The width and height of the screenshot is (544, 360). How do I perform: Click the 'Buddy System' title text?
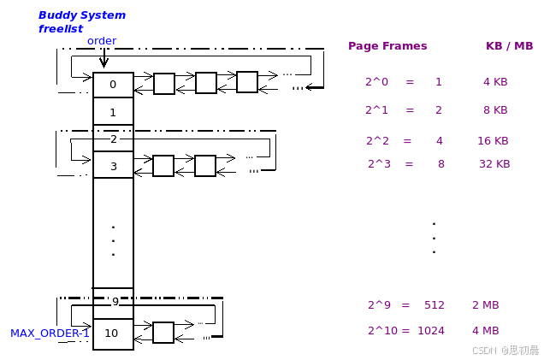(x=82, y=15)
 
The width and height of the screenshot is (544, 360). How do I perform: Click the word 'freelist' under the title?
(x=60, y=29)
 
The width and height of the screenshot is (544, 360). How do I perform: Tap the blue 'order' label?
(x=102, y=41)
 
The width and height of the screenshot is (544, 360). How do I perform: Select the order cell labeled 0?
(x=113, y=85)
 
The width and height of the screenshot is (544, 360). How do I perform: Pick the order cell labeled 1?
(x=113, y=112)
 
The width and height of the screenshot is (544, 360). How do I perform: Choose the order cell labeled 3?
(x=113, y=166)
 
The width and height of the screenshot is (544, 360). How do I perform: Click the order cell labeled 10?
(x=112, y=333)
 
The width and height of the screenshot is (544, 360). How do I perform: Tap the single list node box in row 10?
(x=163, y=332)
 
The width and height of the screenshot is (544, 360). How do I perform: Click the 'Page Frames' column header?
(x=387, y=46)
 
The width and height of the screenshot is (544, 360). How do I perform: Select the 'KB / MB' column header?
(x=509, y=46)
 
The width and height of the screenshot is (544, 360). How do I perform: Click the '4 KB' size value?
(x=495, y=82)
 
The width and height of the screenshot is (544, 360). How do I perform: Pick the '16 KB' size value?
(x=493, y=140)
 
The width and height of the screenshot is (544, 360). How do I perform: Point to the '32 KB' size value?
(x=494, y=163)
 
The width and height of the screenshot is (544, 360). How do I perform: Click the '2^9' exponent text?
(x=379, y=304)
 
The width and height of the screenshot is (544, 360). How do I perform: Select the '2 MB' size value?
(x=485, y=304)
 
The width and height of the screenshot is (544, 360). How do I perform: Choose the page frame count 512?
(x=435, y=304)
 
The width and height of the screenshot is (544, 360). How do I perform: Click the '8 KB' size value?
(x=495, y=109)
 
